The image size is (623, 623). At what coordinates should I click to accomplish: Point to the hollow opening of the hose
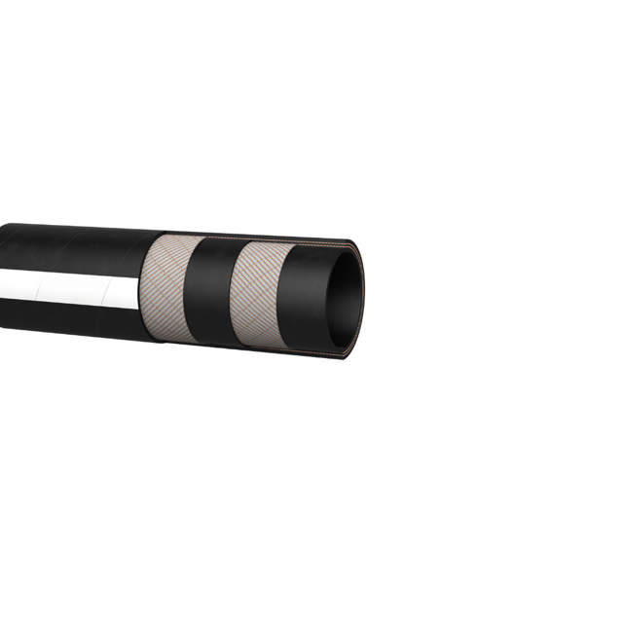pos(343,297)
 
